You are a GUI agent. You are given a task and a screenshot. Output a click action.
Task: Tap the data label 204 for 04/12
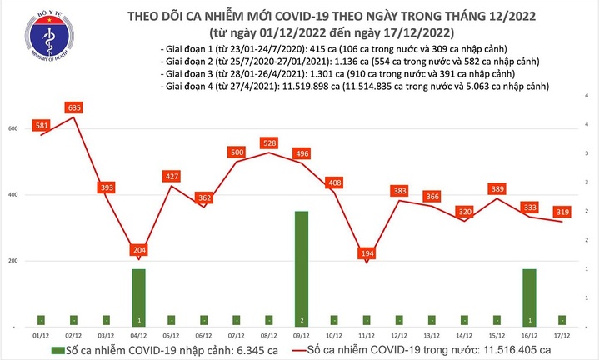(138, 250)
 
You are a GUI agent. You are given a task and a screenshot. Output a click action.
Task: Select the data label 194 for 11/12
(366, 252)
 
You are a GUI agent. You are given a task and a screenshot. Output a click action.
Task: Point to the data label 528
(269, 143)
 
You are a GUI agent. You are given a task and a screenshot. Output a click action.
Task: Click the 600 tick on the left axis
(13, 128)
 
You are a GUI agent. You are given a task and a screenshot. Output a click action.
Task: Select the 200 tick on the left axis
(13, 261)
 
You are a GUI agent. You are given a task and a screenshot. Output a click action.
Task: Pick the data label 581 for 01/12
(41, 125)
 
